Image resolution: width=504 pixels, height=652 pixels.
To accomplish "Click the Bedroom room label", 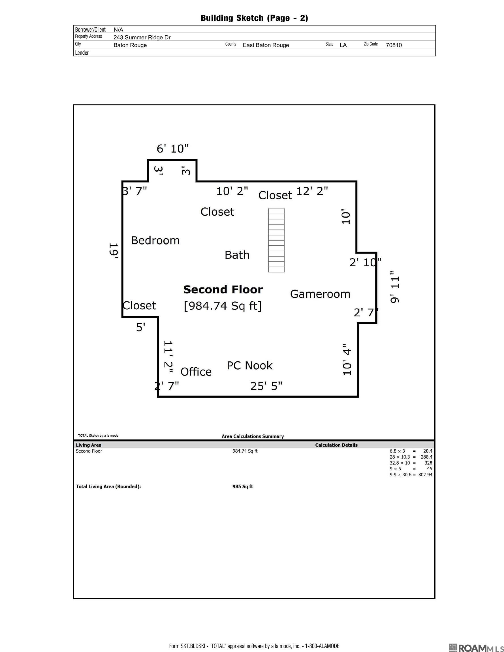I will tap(155, 241).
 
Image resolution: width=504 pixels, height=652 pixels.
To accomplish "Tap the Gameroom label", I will tap(320, 294).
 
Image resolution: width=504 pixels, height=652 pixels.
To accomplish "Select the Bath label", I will tap(237, 255).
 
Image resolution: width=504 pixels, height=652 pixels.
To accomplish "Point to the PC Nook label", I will tap(249, 366).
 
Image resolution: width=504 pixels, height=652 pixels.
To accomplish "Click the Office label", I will tap(196, 372).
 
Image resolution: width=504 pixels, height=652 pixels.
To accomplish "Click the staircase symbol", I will tap(276, 240).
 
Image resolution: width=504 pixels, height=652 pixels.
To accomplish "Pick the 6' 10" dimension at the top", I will tap(173, 148).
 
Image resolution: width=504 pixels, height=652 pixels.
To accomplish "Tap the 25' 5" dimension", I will tap(266, 386).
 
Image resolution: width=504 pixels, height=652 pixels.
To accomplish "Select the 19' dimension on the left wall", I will tap(114, 251).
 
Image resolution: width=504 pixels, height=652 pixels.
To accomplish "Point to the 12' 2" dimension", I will tap(312, 191).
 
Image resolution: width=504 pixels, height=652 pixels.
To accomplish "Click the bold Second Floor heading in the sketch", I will tap(223, 289).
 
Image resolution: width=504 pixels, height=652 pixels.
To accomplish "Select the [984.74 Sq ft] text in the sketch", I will tap(223, 306).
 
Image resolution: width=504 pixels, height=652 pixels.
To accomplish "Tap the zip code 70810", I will tap(394, 45).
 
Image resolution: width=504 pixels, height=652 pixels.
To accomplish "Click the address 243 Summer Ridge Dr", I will tap(142, 37).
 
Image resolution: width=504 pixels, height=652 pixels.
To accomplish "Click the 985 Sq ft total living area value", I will tap(243, 486).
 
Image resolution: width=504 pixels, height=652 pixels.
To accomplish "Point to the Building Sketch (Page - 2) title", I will tap(254, 18).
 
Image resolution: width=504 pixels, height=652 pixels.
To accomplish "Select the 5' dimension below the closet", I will tap(141, 327).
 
